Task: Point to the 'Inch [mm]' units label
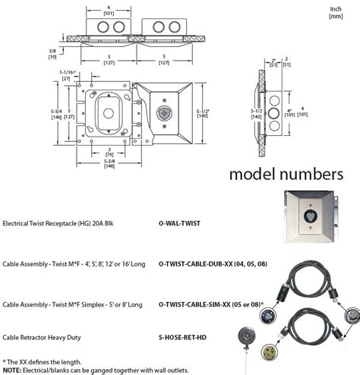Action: [x=334, y=12]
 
